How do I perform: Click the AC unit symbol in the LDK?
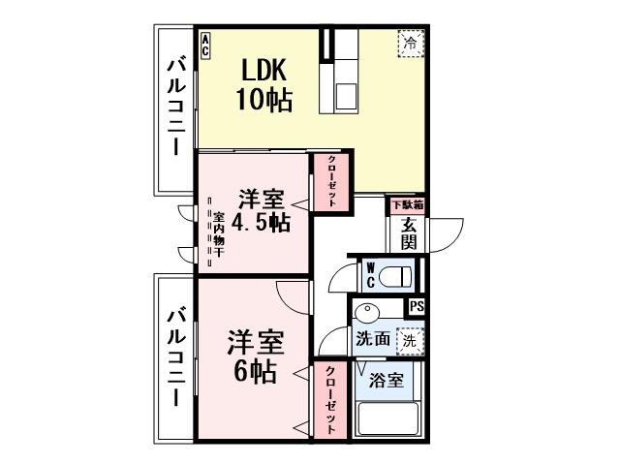tap(206, 44)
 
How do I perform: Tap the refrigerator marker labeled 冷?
tap(410, 44)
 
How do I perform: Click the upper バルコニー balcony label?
tap(176, 107)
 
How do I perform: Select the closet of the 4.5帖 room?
tap(330, 181)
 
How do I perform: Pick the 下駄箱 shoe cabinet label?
tap(408, 205)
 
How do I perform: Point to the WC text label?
tap(370, 276)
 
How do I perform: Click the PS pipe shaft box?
tap(417, 307)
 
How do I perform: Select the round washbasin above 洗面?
tap(366, 314)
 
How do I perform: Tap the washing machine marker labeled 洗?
tap(410, 340)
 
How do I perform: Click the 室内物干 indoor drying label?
tap(218, 233)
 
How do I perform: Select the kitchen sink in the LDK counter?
tap(347, 95)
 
